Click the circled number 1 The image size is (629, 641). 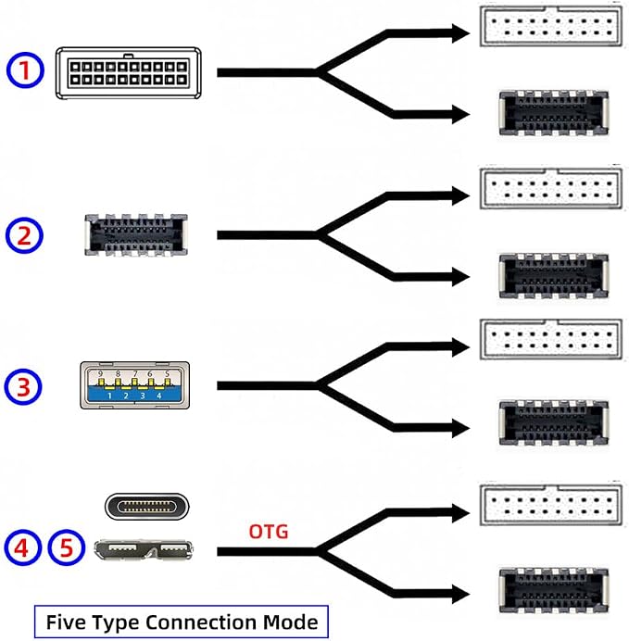coord(25,69)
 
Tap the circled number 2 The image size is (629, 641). coord(24,235)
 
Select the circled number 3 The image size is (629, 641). coord(23,386)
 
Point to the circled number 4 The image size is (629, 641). coord(23,547)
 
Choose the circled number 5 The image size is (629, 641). coord(67,547)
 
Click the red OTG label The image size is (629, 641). coord(269,532)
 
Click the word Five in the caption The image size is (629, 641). coord(66,622)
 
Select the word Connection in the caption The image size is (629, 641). coord(202,622)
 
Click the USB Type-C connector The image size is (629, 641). coord(147,507)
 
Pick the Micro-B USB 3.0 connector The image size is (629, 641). coord(144,550)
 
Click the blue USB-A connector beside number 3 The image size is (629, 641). coord(135,385)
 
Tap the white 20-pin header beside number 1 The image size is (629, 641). coord(129,73)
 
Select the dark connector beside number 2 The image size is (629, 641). coord(136,235)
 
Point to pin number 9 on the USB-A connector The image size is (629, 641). coord(101,373)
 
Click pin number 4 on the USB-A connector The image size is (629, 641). coord(159,396)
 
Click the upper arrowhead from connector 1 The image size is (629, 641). coord(461,33)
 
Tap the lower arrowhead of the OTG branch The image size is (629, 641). coord(461,594)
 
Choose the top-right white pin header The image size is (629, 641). coord(551,27)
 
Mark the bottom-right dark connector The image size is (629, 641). coord(554,590)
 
